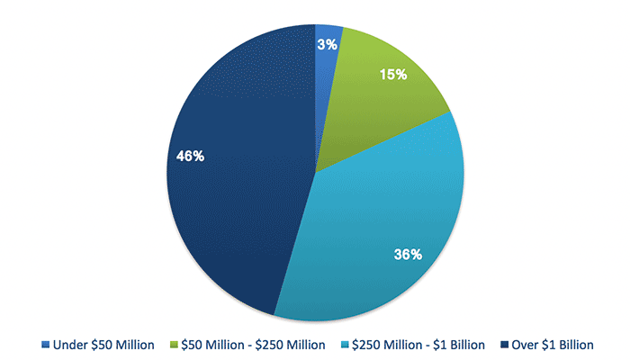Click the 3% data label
pyautogui.click(x=327, y=44)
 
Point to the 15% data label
pyautogui.click(x=394, y=75)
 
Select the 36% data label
pyautogui.click(x=408, y=255)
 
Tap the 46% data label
pyautogui.click(x=190, y=156)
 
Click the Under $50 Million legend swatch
pyautogui.click(x=45, y=345)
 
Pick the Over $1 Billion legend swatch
pyautogui.click(x=505, y=345)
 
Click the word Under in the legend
pyautogui.click(x=70, y=345)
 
